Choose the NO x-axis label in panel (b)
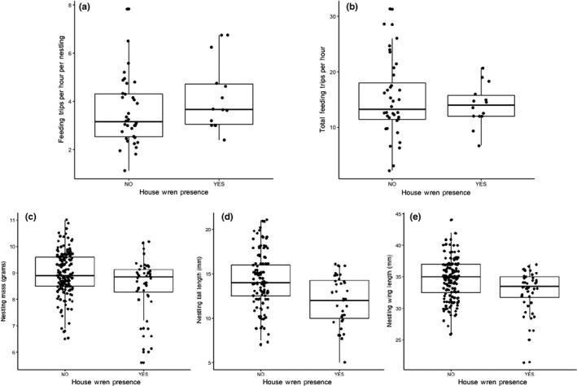coord(391,184)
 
